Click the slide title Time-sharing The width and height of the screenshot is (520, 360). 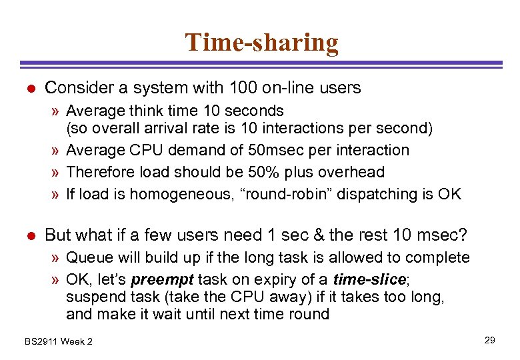click(261, 43)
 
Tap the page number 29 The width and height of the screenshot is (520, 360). click(489, 341)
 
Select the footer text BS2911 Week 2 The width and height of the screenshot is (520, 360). click(59, 341)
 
